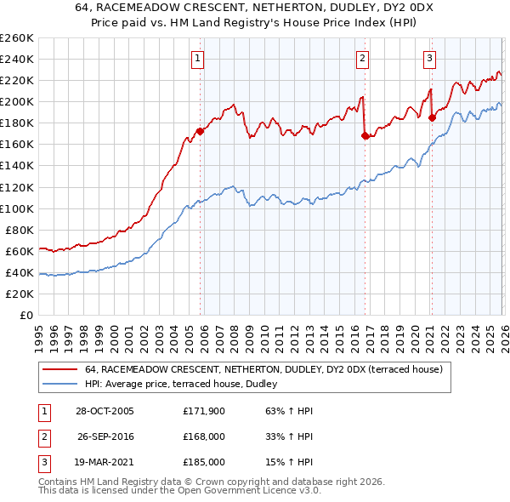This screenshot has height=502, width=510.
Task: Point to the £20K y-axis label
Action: coord(20,294)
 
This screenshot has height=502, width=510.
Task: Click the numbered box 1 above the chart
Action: coord(197,59)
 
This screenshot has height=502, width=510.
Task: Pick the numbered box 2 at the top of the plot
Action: coord(362,59)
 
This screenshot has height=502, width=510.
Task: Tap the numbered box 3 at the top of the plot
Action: coord(429,59)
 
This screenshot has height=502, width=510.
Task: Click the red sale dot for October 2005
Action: coord(201,131)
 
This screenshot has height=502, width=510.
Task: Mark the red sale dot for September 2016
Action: coord(365,135)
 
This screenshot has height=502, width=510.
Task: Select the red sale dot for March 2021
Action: coord(432,117)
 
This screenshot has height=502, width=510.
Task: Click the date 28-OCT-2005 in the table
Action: coord(105,411)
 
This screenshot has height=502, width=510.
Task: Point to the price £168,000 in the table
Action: coord(204,436)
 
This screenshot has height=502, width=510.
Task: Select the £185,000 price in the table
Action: coord(204,462)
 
